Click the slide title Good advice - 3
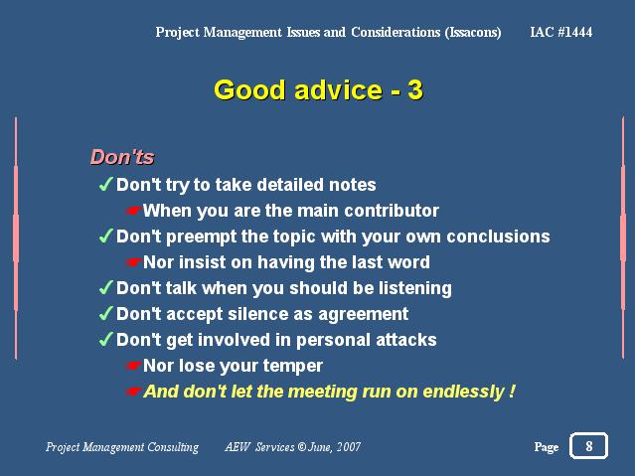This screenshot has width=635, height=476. (x=318, y=89)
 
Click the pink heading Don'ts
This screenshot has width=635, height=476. (x=122, y=157)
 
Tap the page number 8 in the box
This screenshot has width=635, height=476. (x=589, y=446)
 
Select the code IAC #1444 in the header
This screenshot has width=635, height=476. (x=561, y=32)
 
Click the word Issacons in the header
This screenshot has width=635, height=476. (x=473, y=32)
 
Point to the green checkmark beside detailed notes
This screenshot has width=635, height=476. (x=105, y=184)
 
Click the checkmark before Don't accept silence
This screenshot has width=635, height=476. (x=105, y=314)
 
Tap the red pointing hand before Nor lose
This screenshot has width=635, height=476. (x=133, y=367)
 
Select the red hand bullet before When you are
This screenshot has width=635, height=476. (x=133, y=211)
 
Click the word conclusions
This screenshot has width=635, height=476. (x=498, y=237)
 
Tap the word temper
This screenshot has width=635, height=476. (x=293, y=367)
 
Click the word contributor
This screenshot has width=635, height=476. (x=392, y=211)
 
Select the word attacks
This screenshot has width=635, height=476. (x=405, y=340)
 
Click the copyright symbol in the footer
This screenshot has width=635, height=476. (x=302, y=447)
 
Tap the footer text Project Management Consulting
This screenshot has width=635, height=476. (x=122, y=447)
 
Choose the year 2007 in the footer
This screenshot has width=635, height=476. (x=348, y=447)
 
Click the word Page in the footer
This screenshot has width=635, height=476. (x=547, y=447)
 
